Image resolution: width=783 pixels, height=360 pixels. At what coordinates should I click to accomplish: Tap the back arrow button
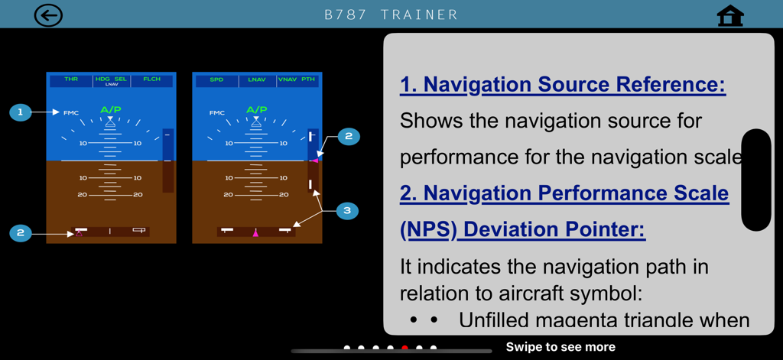tap(48, 15)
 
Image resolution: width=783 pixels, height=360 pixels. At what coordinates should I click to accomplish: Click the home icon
tap(730, 16)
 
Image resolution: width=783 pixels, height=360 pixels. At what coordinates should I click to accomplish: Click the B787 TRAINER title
tap(391, 15)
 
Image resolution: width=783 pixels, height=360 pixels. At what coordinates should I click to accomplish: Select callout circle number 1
tap(21, 112)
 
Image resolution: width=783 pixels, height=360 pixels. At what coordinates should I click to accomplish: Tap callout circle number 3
tap(347, 210)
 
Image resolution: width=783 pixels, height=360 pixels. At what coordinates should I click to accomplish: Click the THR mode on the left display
tap(71, 79)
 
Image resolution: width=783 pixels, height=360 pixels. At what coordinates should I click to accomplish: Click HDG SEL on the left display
tap(112, 79)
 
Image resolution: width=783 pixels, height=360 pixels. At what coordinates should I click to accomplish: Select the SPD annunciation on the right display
tap(217, 79)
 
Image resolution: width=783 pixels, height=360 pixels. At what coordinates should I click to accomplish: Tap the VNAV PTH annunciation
tap(297, 79)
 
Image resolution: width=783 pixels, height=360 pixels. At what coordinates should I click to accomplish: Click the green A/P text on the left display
tap(111, 110)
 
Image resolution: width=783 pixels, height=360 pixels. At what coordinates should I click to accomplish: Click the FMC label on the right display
tap(217, 113)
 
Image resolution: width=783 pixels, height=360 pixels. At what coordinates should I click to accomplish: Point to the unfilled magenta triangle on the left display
tap(79, 232)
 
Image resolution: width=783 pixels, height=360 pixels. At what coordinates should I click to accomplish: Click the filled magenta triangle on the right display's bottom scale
tap(255, 232)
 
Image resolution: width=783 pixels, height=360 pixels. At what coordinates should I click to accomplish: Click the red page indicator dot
tap(404, 348)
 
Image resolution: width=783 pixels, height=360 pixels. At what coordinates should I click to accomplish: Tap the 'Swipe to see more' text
tap(560, 347)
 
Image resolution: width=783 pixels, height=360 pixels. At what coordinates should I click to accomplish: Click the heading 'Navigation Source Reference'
tap(562, 84)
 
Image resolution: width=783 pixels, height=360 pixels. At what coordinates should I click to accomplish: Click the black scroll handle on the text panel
tap(756, 180)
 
